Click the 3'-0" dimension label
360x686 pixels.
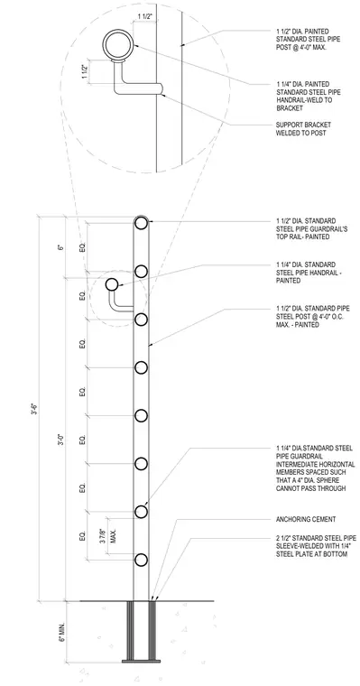(61, 440)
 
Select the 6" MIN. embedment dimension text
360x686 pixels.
(61, 631)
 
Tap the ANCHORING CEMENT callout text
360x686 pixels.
(306, 519)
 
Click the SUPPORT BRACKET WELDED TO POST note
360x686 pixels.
(303, 128)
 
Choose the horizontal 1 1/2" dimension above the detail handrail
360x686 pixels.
(144, 16)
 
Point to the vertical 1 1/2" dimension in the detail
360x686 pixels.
(85, 70)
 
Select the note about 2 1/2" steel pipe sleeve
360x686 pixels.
(317, 546)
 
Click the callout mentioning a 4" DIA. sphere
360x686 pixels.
(316, 468)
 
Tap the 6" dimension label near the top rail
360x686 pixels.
(61, 247)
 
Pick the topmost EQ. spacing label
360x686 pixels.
(82, 247)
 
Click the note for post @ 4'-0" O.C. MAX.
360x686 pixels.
(313, 317)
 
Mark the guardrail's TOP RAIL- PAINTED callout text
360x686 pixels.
(312, 228)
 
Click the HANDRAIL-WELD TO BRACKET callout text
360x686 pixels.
(304, 96)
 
